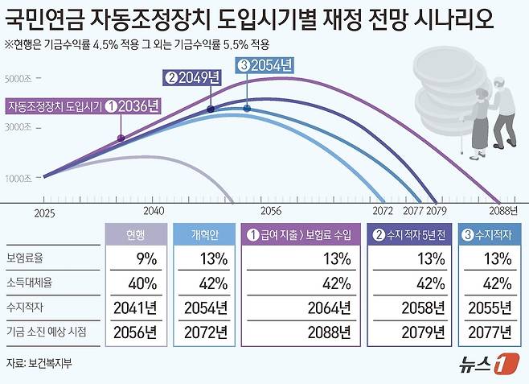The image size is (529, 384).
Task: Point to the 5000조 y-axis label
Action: (19, 79)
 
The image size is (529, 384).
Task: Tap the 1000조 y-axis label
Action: (19, 178)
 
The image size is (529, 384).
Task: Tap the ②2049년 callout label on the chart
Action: (191, 78)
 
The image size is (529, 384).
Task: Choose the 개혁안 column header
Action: (202, 235)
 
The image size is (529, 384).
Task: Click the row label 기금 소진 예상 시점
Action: (51, 332)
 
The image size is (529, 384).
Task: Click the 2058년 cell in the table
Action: (423, 308)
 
